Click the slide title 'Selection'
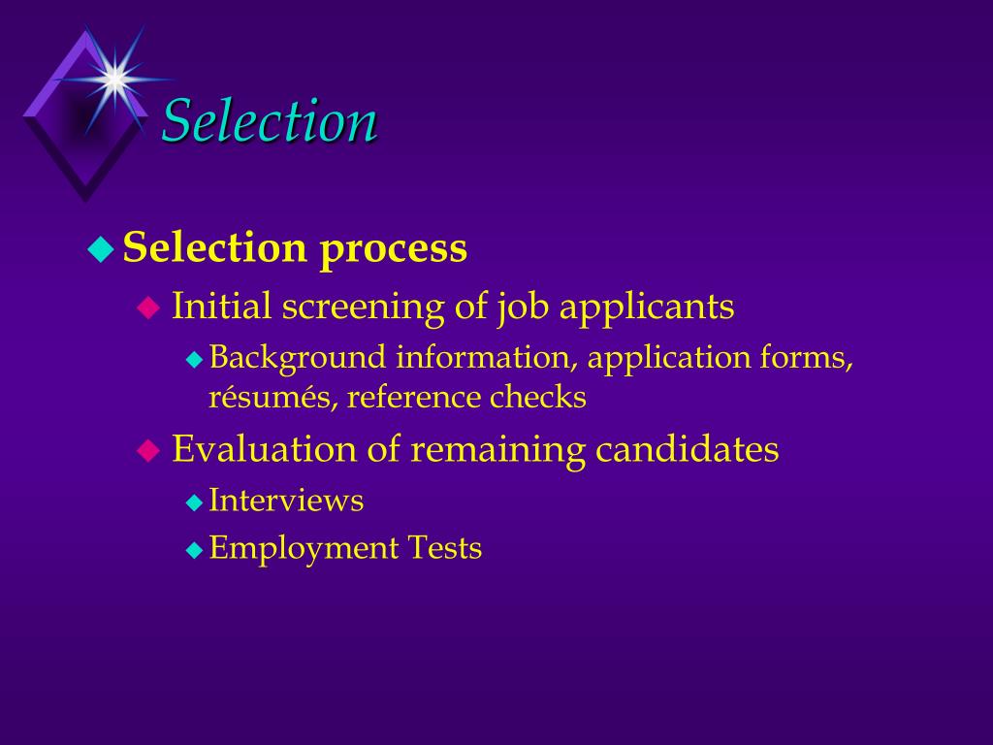269,122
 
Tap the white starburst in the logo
113,78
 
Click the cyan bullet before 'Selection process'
101,249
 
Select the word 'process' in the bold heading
394,249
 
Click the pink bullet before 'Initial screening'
147,308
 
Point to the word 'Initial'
221,307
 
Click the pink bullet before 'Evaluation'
147,450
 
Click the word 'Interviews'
286,501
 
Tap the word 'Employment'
304,549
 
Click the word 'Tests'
443,548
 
